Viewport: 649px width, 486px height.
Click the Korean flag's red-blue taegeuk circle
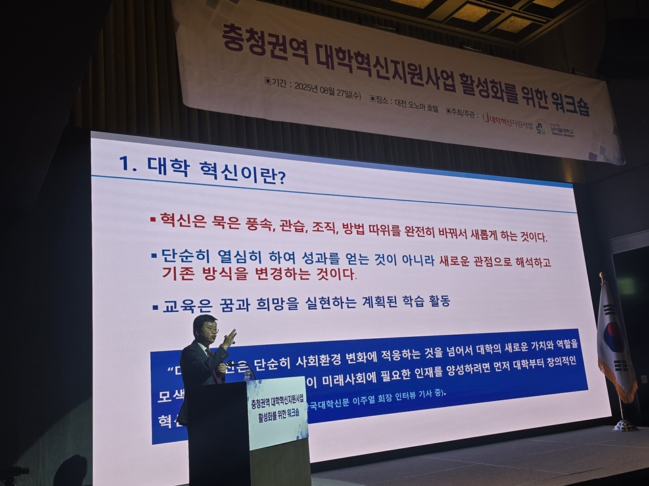tap(612, 336)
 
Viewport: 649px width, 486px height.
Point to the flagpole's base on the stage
tap(623, 425)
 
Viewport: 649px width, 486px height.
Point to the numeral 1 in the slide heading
tap(123, 163)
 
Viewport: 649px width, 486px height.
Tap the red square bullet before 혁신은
tap(153, 219)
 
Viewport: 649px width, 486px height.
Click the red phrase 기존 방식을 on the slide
tap(202, 273)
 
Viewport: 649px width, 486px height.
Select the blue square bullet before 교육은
tap(154, 306)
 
